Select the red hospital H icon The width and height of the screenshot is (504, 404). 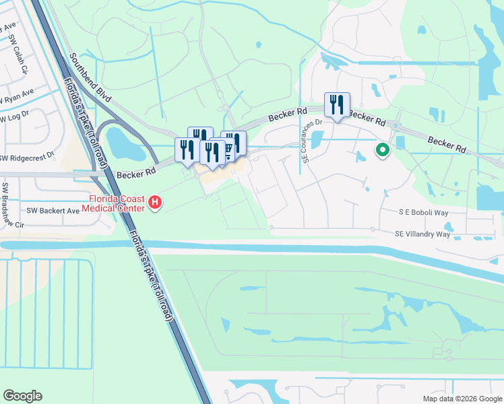[155, 201]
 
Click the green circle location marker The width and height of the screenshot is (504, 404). [382, 150]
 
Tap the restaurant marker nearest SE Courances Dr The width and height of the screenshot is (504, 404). [336, 106]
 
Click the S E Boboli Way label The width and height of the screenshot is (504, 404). [423, 211]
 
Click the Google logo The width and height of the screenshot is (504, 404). [22, 396]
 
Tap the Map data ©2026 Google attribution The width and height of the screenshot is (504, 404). [462, 399]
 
